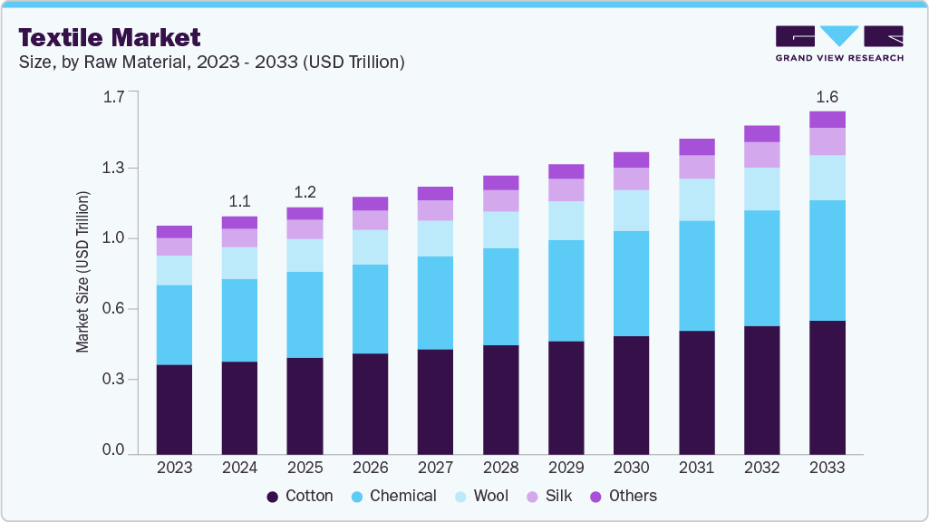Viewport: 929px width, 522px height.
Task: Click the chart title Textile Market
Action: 110,37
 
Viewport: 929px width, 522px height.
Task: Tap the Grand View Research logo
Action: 838,43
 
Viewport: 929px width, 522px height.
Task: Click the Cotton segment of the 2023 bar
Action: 174,409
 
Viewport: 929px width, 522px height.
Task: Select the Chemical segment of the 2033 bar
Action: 827,260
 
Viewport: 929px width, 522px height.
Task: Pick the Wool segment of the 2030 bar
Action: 631,210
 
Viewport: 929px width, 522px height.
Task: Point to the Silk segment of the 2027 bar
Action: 435,210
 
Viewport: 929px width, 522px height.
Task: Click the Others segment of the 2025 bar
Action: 305,213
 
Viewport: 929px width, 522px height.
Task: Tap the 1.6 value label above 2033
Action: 827,97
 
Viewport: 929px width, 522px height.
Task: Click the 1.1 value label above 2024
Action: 239,201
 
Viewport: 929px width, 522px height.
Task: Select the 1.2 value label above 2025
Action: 305,192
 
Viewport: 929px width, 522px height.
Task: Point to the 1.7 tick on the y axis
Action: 113,96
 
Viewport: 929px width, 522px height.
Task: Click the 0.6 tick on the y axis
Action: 113,309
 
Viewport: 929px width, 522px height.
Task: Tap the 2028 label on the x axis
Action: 500,468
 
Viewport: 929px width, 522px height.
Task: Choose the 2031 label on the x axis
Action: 696,468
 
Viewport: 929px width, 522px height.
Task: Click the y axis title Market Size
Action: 83,272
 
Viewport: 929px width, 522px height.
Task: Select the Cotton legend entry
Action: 300,497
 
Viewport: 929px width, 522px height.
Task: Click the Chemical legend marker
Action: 355,497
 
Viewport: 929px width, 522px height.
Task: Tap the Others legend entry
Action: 623,497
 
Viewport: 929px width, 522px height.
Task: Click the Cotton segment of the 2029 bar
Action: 566,397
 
